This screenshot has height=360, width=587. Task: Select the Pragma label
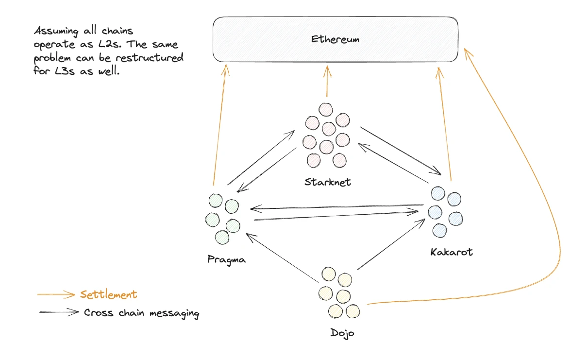pyautogui.click(x=226, y=259)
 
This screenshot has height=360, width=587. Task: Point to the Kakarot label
pyautogui.click(x=451, y=252)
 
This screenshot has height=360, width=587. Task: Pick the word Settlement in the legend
pyautogui.click(x=108, y=294)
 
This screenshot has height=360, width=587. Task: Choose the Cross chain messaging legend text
pyautogui.click(x=141, y=313)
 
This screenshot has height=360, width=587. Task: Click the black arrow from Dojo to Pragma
pyautogui.click(x=282, y=257)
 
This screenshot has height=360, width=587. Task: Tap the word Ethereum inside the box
pyautogui.click(x=335, y=39)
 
